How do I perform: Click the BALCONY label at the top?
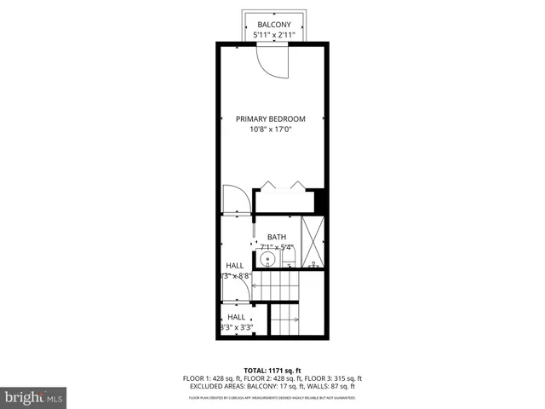coord(273,26)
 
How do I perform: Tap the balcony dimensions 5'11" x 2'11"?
coord(273,36)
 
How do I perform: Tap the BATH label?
coord(277,238)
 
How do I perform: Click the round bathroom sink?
coord(267,258)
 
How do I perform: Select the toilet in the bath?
coord(289,256)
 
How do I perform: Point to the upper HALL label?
coord(234,265)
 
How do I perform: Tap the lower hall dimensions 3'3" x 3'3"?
coord(236,327)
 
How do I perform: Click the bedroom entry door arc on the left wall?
coord(234,200)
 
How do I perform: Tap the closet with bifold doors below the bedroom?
coord(284,201)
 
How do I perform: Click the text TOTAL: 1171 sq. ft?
coord(272,371)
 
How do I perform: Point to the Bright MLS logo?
coord(34,397)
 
